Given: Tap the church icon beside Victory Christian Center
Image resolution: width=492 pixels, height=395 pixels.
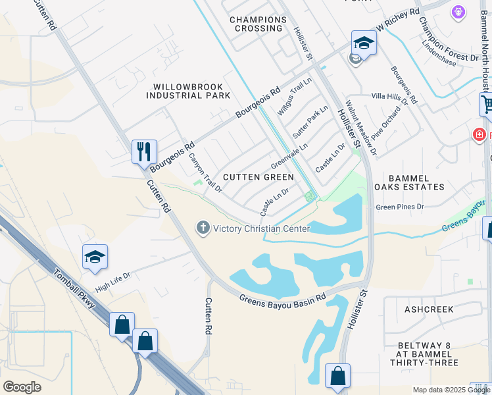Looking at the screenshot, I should [x=203, y=228].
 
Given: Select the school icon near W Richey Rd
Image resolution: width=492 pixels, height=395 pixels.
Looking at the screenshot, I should [x=363, y=43].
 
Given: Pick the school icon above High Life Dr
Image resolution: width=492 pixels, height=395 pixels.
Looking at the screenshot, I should [x=95, y=257].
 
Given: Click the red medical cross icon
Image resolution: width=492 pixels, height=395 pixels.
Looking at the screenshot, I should [x=480, y=135].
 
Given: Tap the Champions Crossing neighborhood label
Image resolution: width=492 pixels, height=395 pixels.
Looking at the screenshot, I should [x=258, y=24].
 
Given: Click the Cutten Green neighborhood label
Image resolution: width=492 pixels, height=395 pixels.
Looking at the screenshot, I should [x=258, y=177].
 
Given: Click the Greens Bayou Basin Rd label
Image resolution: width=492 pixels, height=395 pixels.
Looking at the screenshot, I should [x=282, y=298].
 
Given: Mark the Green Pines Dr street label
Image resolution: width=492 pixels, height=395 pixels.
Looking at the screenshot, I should [x=401, y=207].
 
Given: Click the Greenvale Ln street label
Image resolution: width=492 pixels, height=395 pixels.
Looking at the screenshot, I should [x=289, y=157].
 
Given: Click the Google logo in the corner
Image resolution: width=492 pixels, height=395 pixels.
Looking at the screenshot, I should [x=22, y=387].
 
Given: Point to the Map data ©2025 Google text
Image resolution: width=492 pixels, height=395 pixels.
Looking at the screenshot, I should [x=451, y=390].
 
